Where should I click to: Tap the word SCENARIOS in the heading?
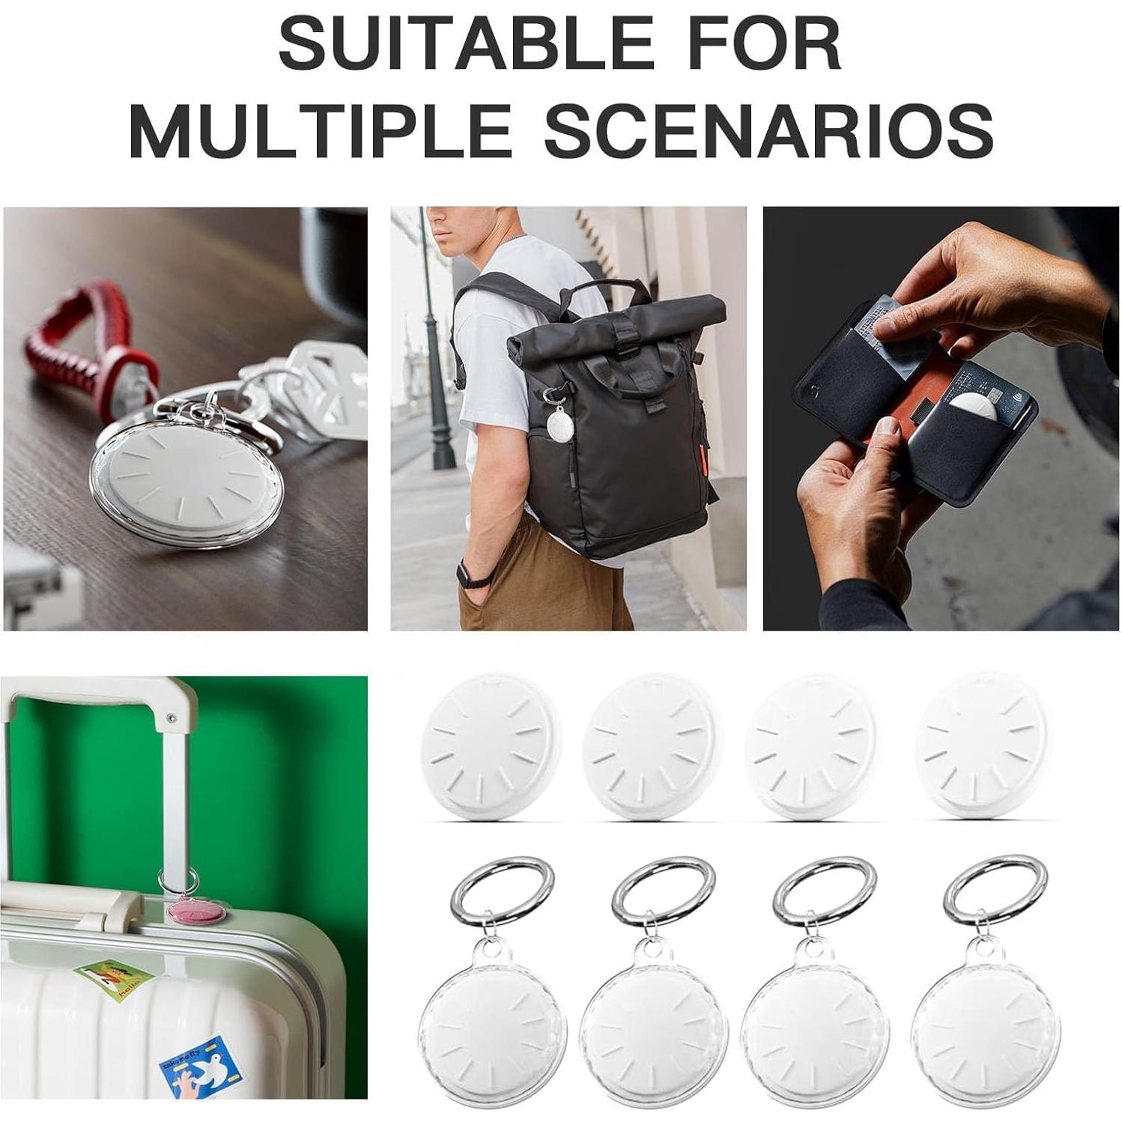[x=768, y=131]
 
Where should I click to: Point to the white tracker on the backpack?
[x=560, y=425]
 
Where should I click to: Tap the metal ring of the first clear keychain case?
[x=503, y=892]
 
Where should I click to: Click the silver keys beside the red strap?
[x=322, y=389]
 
